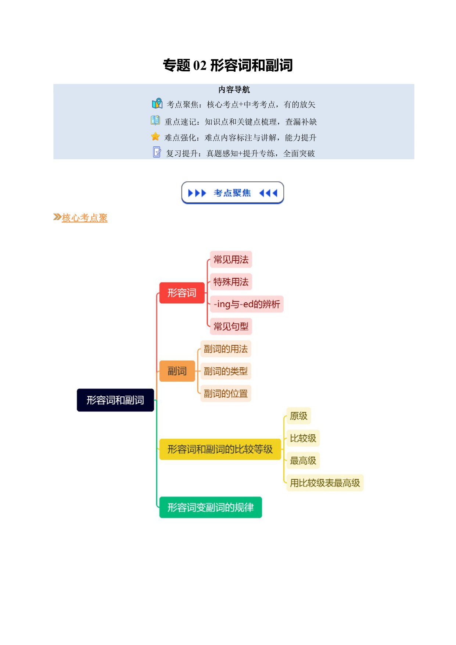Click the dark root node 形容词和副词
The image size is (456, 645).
(115, 400)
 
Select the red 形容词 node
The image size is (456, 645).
(182, 293)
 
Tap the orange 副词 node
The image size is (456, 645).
(177, 371)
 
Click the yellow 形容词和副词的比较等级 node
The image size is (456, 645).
(220, 449)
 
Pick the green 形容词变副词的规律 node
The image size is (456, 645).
(211, 507)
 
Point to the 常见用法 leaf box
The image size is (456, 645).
(231, 260)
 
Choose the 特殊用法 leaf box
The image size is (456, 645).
(231, 282)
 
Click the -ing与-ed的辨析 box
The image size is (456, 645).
(247, 304)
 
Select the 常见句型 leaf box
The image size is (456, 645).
(231, 326)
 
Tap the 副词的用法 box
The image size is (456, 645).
(226, 349)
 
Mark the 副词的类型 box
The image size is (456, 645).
(226, 371)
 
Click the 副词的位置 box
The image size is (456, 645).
(226, 393)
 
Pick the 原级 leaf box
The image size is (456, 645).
(299, 416)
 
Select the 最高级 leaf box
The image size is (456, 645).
(303, 460)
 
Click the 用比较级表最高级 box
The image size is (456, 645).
(325, 483)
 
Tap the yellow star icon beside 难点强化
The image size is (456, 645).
(155, 136)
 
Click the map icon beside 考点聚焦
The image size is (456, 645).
(157, 103)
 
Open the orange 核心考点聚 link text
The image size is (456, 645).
(85, 218)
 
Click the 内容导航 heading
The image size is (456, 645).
(234, 90)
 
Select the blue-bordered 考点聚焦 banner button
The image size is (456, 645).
(233, 193)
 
